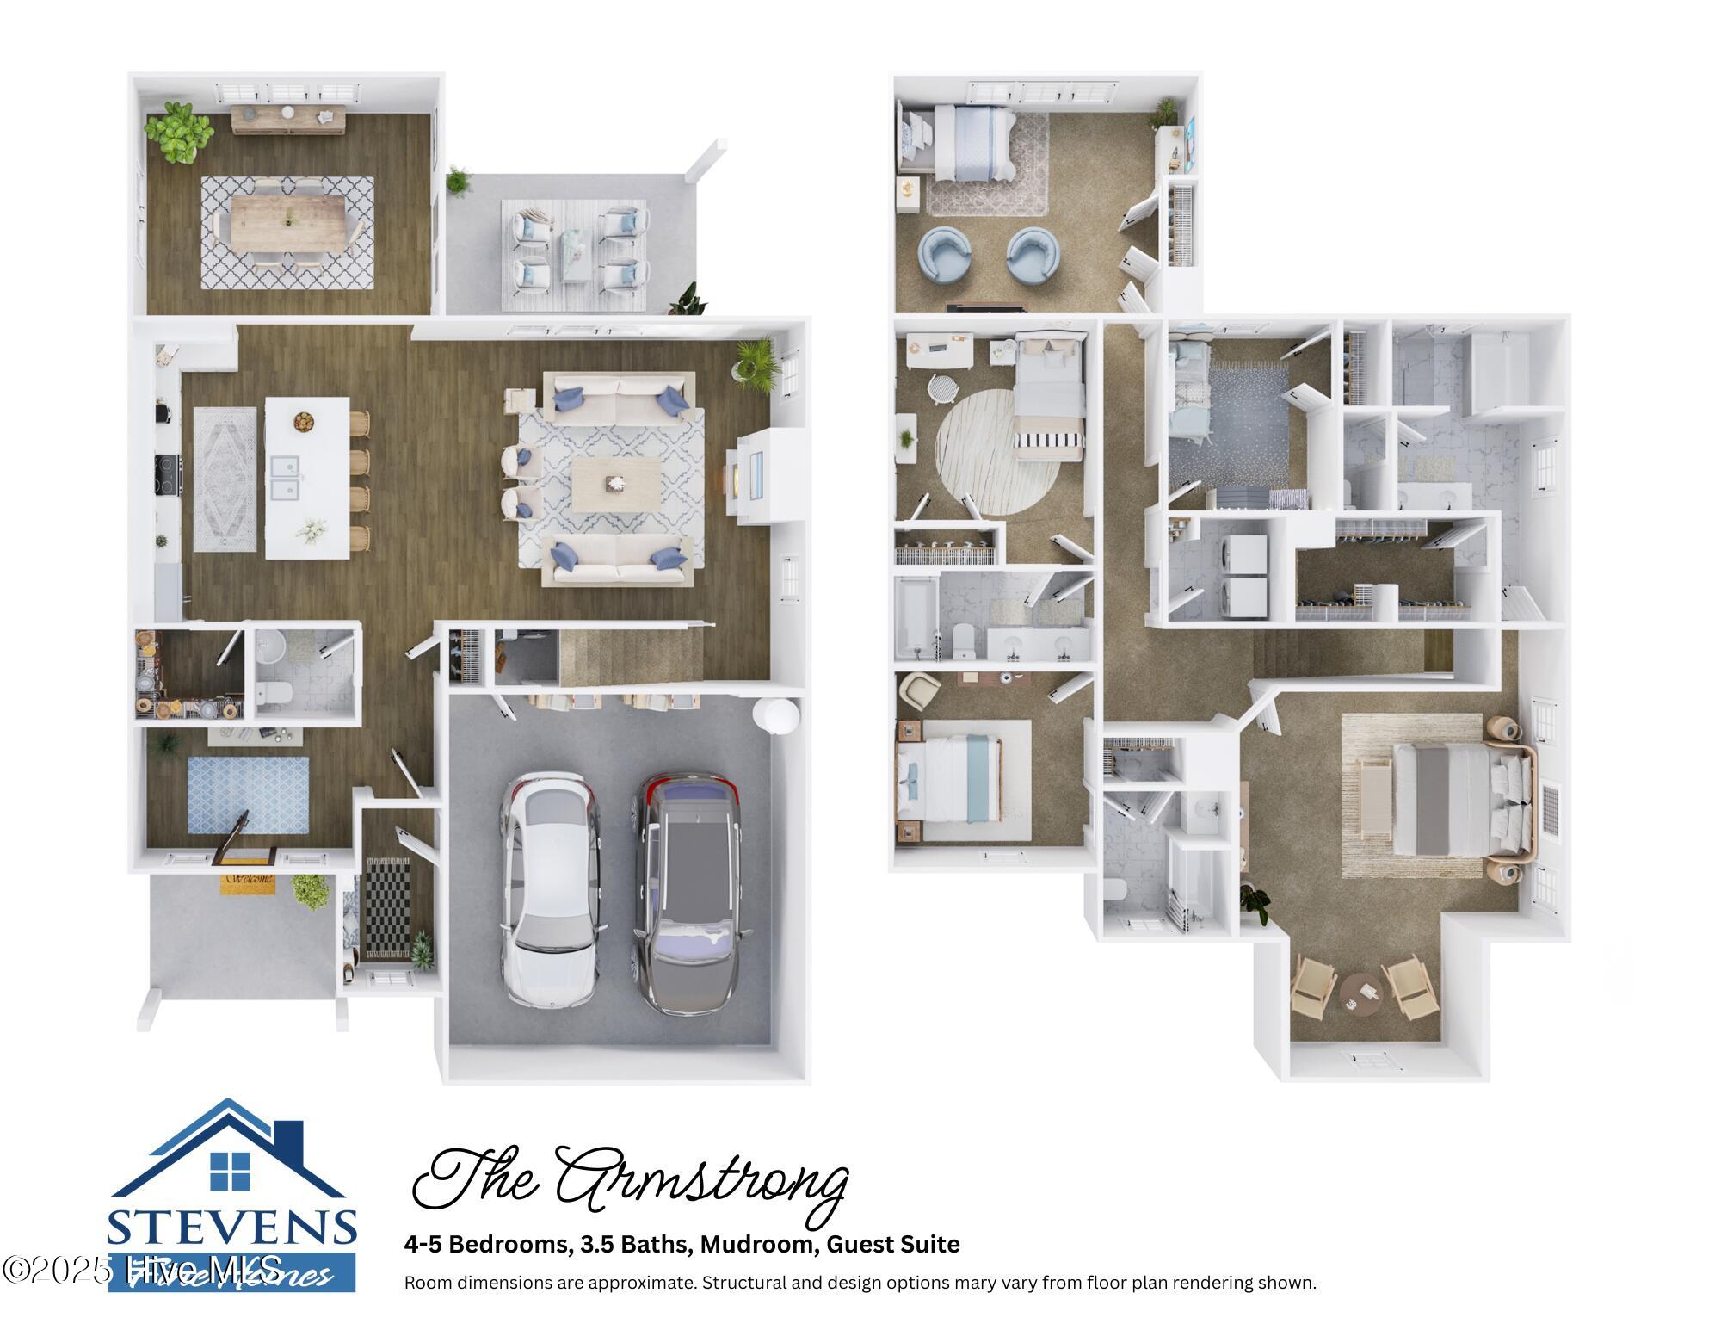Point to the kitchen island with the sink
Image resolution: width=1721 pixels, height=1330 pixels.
tap(307, 478)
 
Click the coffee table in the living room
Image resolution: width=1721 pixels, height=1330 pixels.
tap(616, 484)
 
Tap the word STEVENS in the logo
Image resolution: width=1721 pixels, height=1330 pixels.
tap(232, 1227)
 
